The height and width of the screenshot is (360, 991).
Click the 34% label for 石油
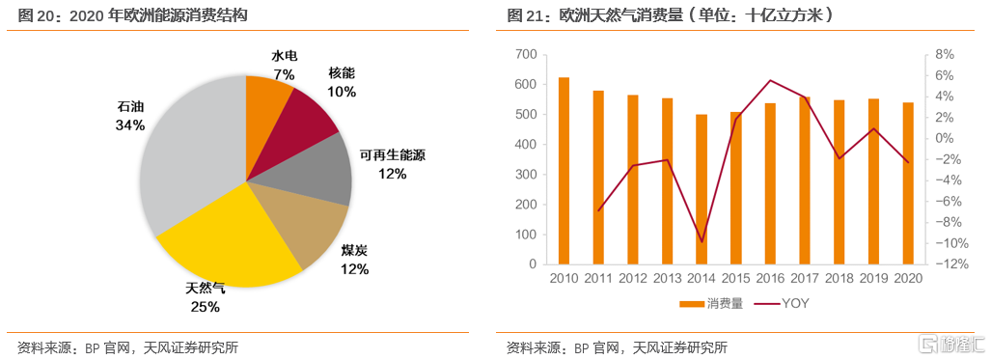click(129, 125)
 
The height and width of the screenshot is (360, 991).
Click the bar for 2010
click(564, 170)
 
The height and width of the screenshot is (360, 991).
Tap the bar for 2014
click(702, 189)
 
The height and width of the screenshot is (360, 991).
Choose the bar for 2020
click(908, 183)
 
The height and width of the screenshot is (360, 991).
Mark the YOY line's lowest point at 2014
click(702, 241)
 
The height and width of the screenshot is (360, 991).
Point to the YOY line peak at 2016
click(770, 80)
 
